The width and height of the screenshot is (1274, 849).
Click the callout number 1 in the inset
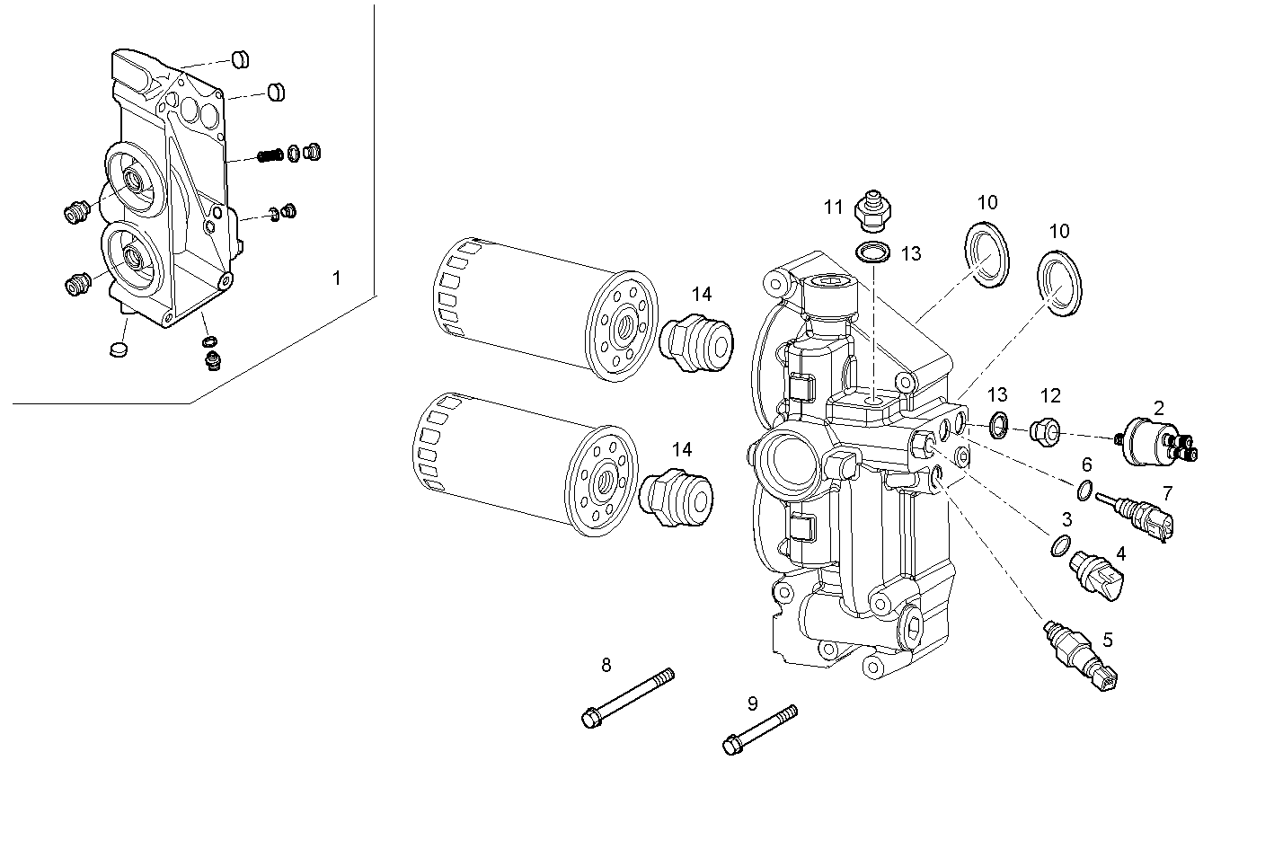coord(337,279)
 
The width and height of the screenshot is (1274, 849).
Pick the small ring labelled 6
coord(1085,491)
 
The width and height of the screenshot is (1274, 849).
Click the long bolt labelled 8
coord(627,697)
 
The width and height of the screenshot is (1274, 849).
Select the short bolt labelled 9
coord(759,729)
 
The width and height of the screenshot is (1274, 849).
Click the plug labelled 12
coord(1044,432)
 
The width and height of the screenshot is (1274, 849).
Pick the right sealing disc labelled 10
coord(1060,284)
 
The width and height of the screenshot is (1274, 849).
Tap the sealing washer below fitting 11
coord(872,253)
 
